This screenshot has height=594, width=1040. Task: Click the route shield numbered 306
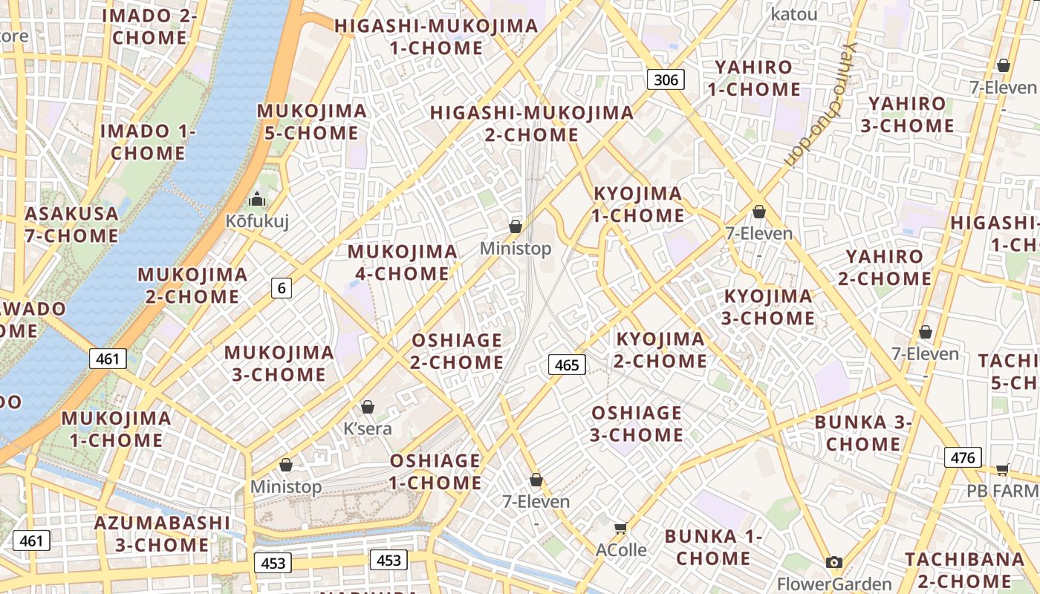tap(665, 79)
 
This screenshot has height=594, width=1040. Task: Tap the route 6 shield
tap(281, 288)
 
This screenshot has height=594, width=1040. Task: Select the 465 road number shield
tap(567, 365)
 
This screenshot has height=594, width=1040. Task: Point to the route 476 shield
tap(963, 457)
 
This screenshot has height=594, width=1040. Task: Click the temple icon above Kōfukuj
tap(257, 199)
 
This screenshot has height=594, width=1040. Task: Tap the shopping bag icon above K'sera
tap(367, 407)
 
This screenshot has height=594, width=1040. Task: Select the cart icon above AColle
tap(621, 528)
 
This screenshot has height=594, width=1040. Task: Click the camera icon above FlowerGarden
tap(834, 563)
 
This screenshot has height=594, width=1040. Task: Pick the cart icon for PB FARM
tap(1002, 469)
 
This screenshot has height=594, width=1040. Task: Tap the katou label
tap(794, 14)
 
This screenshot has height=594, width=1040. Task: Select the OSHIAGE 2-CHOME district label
tap(457, 351)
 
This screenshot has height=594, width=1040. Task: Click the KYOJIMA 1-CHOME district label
tap(637, 205)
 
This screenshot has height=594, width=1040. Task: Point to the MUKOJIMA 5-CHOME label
tap(311, 123)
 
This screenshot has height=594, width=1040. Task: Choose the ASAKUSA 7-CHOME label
tap(71, 225)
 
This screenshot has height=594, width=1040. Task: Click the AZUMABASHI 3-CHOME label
tap(162, 534)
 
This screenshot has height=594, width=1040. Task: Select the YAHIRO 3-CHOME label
tap(907, 115)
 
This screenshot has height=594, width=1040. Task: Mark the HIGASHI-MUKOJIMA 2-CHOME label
tap(532, 124)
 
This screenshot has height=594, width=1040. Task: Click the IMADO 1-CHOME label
tap(147, 143)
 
